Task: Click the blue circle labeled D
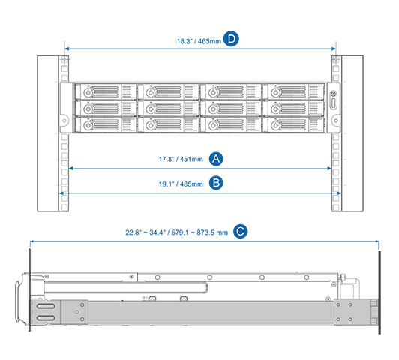231,39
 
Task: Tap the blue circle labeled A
216,159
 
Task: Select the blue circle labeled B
216,183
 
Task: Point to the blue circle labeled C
241,231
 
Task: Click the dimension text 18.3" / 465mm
199,41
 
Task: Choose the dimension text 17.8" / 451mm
181,160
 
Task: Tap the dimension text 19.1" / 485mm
181,184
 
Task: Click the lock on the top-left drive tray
88,92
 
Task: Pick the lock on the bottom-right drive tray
275,125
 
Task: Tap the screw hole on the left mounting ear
64,121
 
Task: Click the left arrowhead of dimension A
71,169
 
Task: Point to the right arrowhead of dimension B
339,193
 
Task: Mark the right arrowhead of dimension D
334,49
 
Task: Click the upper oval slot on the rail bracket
46,306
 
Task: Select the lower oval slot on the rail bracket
46,318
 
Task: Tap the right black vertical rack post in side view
379,292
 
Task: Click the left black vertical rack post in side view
29,290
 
